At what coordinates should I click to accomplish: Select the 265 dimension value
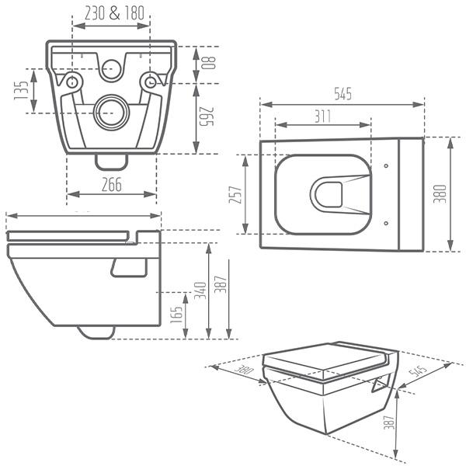pos(207,119)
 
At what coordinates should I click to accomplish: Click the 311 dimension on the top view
pos(322,116)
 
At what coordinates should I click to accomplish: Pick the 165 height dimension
pos(177,315)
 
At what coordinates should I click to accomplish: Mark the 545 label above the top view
pos(343,95)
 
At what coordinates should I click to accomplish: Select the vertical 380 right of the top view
pos(440,194)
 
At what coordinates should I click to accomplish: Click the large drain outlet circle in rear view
pos(111,112)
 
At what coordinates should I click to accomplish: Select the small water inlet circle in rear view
pos(111,68)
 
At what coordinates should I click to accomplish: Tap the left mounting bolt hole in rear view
pos(73,81)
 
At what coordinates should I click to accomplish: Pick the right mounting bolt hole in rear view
pos(148,81)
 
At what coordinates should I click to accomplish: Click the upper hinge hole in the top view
pos(386,165)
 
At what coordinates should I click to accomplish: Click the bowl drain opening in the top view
pos(328,193)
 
